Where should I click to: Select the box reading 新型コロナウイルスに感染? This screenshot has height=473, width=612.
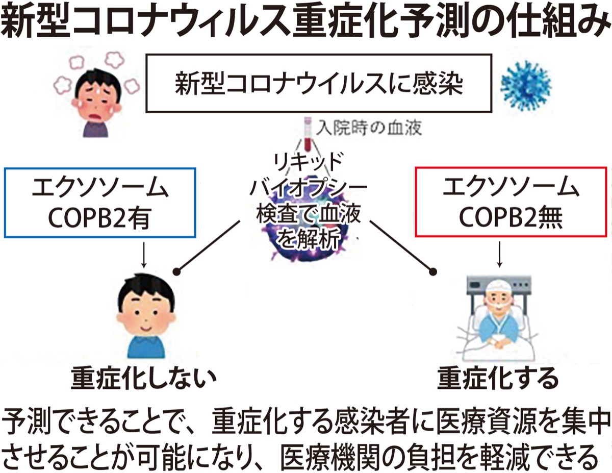[x=319, y=84]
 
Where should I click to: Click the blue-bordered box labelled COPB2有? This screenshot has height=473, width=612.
[x=100, y=202]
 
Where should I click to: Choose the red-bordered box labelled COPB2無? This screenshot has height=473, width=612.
[x=511, y=202]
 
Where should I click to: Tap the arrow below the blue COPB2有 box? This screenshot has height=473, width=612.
[x=144, y=254]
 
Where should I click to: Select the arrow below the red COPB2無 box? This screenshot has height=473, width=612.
[x=499, y=254]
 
